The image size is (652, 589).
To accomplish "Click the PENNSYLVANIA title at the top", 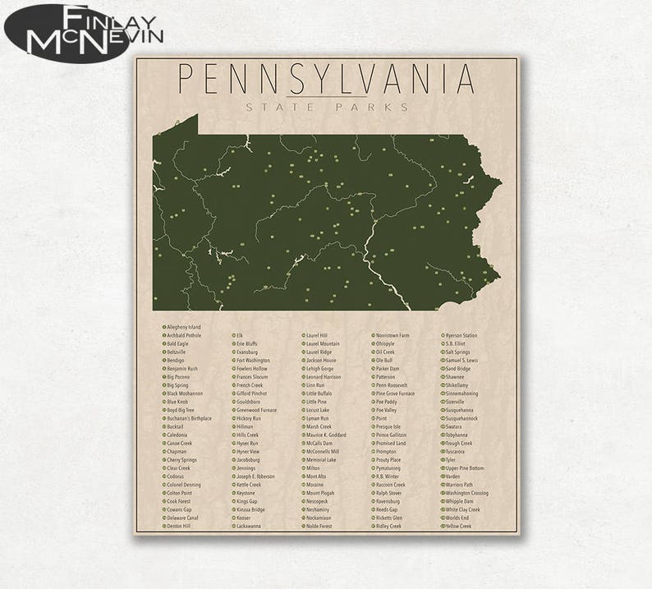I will pyautogui.click(x=326, y=79).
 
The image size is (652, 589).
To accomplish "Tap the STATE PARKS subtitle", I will pyautogui.click(x=327, y=107).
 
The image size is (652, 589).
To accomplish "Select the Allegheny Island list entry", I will pyautogui.click(x=183, y=327).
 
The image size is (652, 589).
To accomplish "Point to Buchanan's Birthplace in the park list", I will pyautogui.click(x=189, y=418).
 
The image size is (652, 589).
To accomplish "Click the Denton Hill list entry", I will pyautogui.click(x=178, y=526).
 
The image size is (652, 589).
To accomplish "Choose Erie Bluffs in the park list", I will pyautogui.click(x=246, y=343).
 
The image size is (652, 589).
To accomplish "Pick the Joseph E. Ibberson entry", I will pyautogui.click(x=255, y=476).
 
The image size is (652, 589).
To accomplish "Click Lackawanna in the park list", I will pyautogui.click(x=248, y=526).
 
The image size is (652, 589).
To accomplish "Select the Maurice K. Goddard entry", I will pyautogui.click(x=325, y=435).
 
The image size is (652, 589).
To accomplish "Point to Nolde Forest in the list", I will pyautogui.click(x=319, y=526).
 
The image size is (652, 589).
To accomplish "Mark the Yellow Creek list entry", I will pyautogui.click(x=458, y=526).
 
